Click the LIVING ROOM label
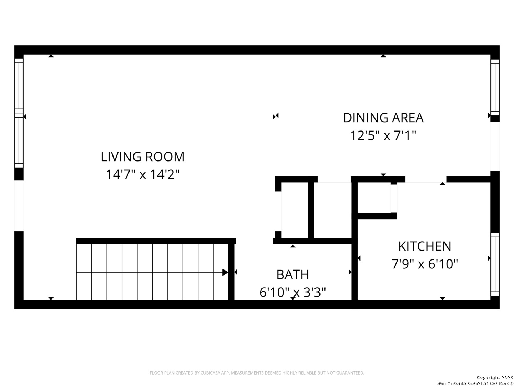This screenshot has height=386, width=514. click(143, 157)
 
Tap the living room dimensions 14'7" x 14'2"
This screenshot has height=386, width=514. click(143, 174)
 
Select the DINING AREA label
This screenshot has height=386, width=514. click(383, 118)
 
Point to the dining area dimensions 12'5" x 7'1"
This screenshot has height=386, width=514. click(383, 135)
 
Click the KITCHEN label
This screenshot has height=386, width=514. click(424, 246)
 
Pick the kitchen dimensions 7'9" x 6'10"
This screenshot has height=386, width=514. click(424, 264)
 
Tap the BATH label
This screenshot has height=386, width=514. click(293, 274)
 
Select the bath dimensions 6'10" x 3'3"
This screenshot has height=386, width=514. click(293, 292)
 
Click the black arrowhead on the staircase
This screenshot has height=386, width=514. click(225, 272)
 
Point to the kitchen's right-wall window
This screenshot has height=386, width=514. click(495, 264)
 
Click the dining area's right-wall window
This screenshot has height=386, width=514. click(495, 88)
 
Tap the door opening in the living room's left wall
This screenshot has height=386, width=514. click(19, 206)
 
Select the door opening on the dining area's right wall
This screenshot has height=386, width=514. click(495, 147)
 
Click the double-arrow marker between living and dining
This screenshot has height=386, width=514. click(276, 116)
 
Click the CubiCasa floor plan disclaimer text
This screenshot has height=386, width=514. click(257, 373)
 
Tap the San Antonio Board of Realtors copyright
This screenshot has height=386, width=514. click(475, 383)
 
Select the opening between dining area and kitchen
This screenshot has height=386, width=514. click(426, 179)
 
